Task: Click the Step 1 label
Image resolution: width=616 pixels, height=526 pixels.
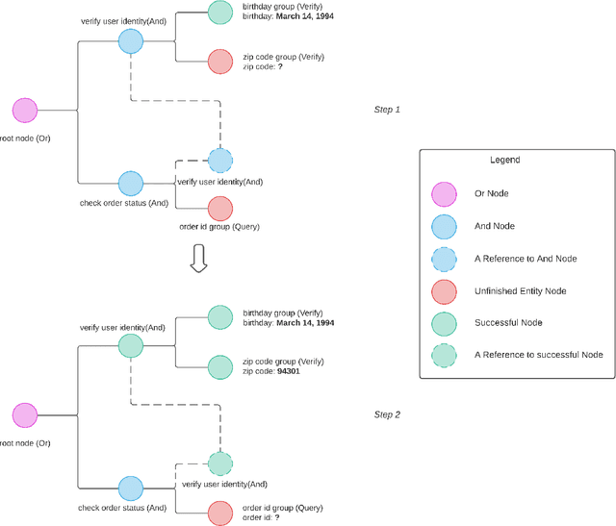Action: (x=386, y=110)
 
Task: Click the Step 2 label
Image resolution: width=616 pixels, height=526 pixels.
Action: (x=386, y=414)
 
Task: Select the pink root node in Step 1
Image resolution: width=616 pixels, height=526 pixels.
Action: (x=25, y=110)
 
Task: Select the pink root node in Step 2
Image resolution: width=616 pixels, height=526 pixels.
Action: (x=25, y=415)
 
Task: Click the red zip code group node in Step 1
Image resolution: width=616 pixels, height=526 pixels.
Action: (x=220, y=62)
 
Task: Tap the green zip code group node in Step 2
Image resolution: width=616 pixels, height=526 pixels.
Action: (x=220, y=366)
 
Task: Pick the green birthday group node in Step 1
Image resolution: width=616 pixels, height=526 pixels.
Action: (x=220, y=13)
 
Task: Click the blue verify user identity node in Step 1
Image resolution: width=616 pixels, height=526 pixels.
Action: (x=130, y=40)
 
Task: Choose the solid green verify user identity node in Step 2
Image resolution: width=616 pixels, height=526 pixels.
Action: (x=130, y=345)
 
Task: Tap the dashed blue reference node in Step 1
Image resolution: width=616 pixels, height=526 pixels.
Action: (x=220, y=160)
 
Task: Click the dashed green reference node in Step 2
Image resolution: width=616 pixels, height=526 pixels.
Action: (x=220, y=464)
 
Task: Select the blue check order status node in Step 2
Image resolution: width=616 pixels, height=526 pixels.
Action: (x=130, y=488)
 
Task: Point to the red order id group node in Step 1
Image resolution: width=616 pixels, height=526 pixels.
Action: (x=220, y=208)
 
